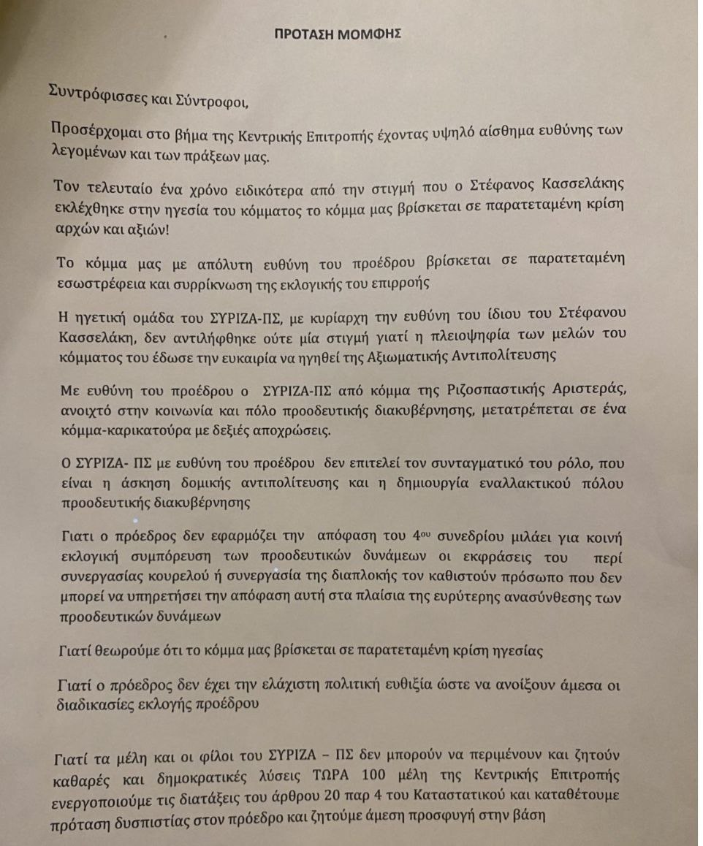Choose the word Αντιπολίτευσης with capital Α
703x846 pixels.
pyautogui.click(x=508, y=356)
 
